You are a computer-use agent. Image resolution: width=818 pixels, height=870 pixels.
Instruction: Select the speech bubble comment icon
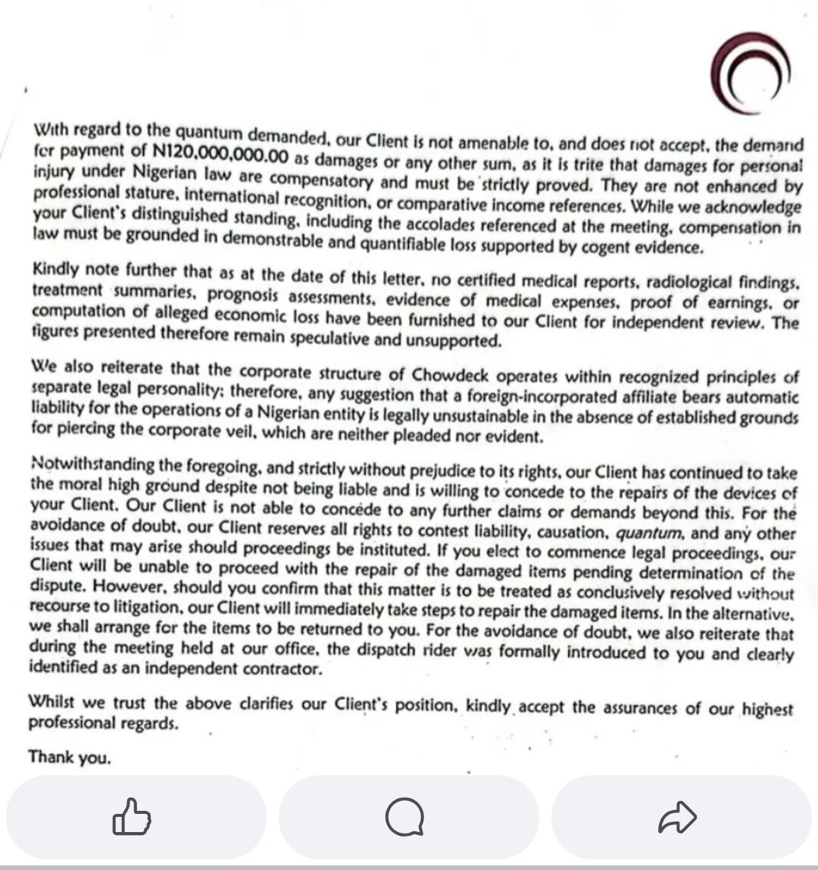point(404,817)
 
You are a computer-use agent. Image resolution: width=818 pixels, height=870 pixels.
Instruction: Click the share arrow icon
point(677,817)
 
